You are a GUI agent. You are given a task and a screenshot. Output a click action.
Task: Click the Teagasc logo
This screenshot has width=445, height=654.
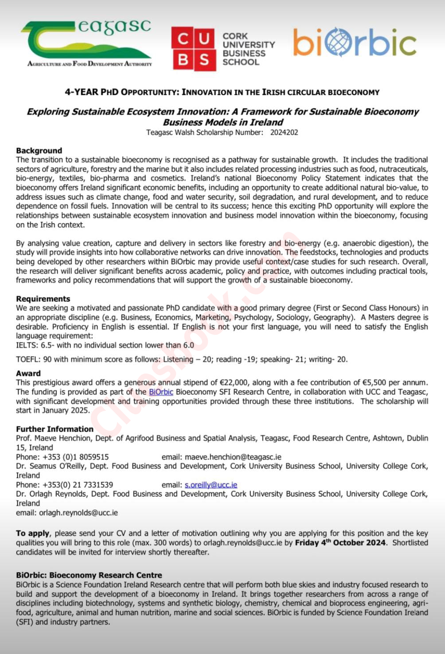pos(86,43)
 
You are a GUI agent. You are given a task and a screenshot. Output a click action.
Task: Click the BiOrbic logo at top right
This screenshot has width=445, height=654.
pos(355,42)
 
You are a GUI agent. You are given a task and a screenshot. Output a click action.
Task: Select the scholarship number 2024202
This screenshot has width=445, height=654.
pos(284,132)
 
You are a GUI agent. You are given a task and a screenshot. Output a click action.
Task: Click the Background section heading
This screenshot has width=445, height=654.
pos(39,151)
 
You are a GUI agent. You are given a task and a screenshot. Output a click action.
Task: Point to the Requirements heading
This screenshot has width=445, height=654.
pos(43,299)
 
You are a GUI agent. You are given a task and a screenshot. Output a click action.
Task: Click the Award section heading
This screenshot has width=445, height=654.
pos(28,373)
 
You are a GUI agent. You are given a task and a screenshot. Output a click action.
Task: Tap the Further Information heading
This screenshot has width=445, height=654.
pos(55,429)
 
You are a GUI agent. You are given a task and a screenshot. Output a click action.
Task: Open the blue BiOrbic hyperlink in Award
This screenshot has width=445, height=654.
pos(161,392)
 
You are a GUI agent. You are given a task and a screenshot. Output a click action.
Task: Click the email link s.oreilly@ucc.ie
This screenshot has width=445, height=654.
pos(211,485)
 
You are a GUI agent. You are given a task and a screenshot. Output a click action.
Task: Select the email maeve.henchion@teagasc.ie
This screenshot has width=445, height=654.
pos(233,457)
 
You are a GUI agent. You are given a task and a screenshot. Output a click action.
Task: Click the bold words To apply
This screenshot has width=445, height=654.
pos(33,533)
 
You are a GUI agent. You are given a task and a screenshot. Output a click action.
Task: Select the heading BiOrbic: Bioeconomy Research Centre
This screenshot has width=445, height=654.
pos(89,575)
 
